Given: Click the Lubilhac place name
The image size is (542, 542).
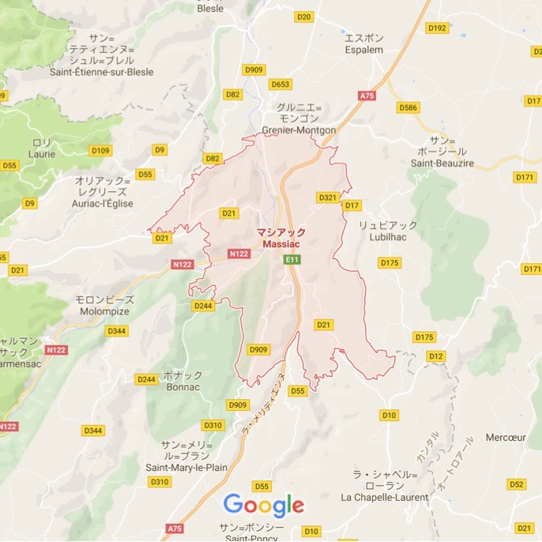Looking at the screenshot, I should click(x=387, y=236).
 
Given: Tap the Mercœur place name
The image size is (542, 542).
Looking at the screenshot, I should click(x=506, y=437).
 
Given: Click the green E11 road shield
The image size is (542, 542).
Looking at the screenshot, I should click(x=293, y=259).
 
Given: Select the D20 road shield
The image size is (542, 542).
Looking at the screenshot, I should click(x=303, y=17).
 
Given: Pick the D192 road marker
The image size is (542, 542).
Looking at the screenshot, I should click(x=437, y=28).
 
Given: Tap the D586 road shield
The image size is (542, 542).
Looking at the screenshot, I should click(x=408, y=107).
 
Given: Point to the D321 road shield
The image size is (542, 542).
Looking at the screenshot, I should click(x=327, y=197).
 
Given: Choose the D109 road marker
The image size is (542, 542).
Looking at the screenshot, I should click(x=101, y=150).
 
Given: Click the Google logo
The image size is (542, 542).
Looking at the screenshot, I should click(x=264, y=504).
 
